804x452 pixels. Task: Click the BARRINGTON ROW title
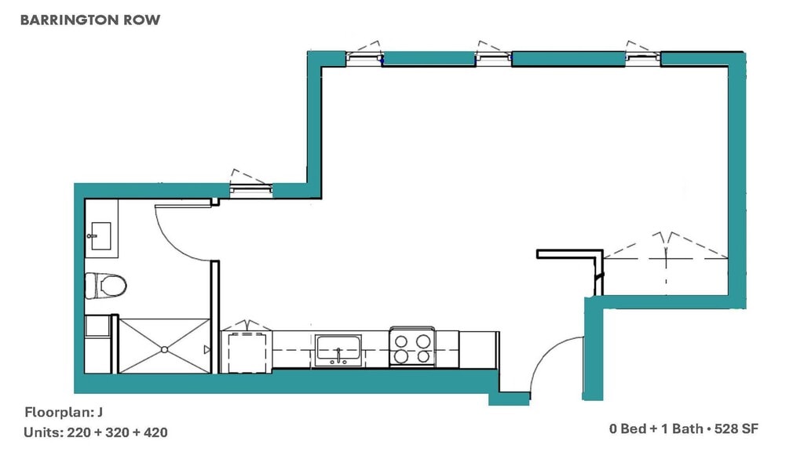tap(90, 20)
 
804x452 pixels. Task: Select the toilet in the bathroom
tap(106, 285)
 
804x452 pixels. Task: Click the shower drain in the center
tap(164, 348)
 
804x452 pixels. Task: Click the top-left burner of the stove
tap(401, 341)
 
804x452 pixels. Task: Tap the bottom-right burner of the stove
tap(423, 356)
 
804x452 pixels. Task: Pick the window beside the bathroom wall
tap(250, 187)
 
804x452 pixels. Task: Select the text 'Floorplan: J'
tap(64, 412)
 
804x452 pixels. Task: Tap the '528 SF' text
tap(739, 429)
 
